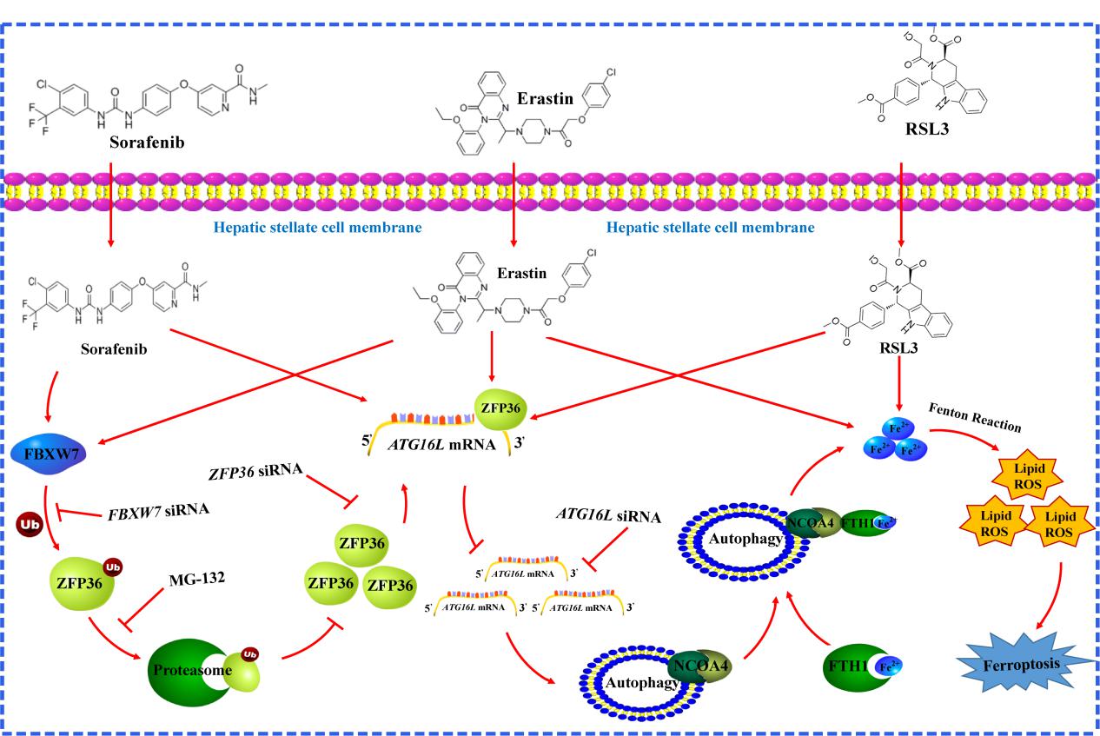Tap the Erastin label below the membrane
click(521, 274)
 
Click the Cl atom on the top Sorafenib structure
click(46, 86)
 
